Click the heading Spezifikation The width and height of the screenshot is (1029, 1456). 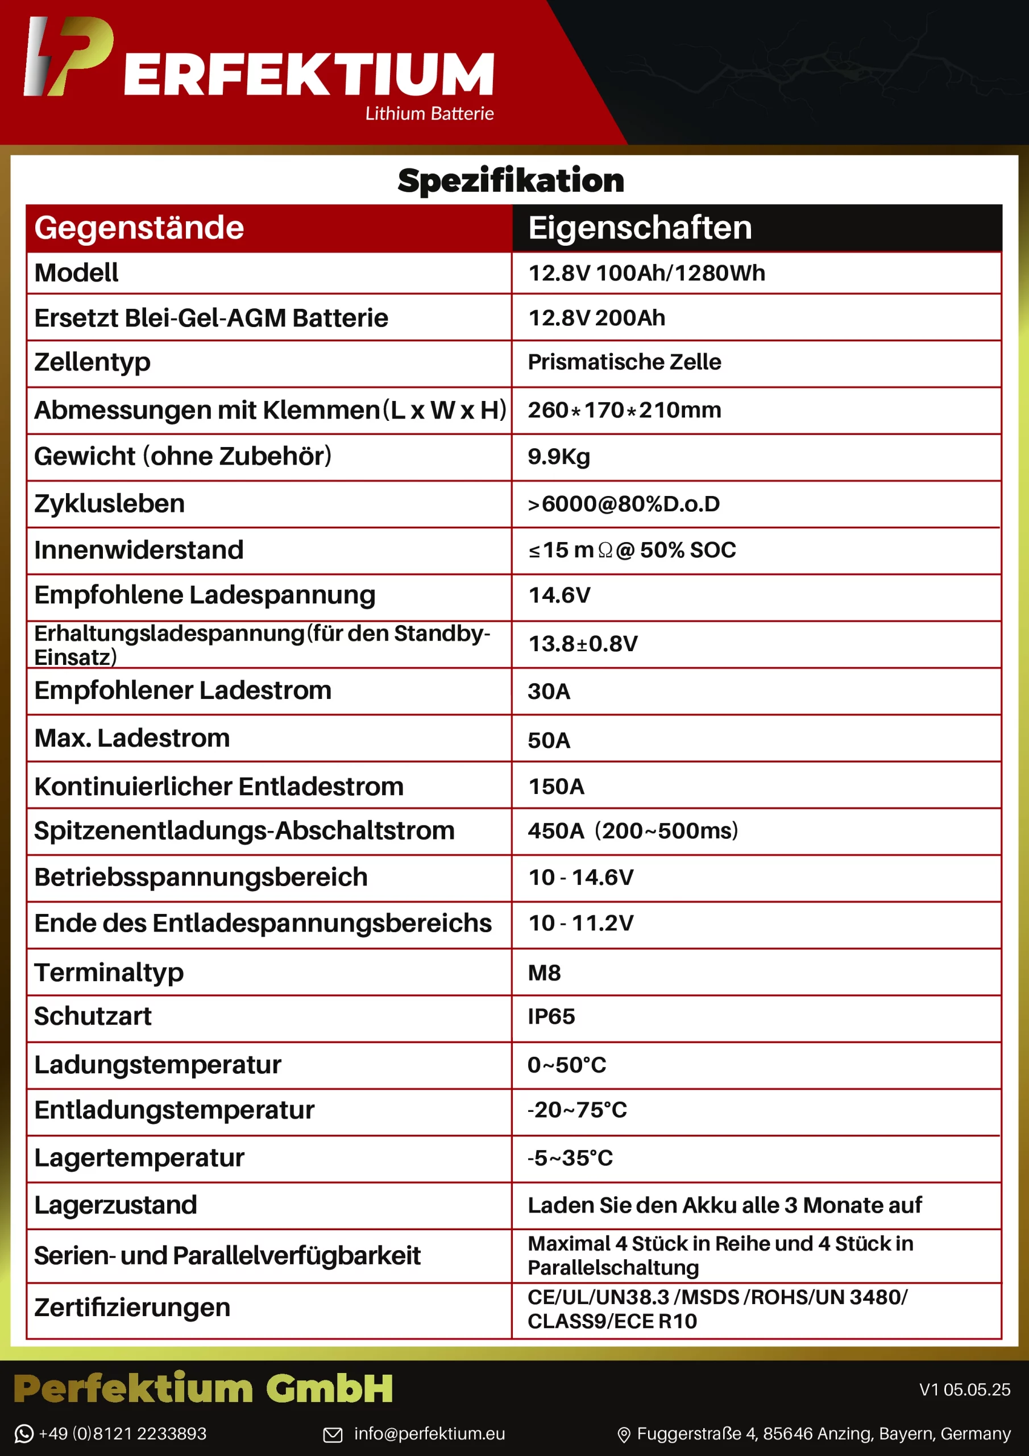click(x=511, y=180)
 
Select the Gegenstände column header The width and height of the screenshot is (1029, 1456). click(x=139, y=227)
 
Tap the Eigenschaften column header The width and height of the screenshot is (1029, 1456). click(x=640, y=227)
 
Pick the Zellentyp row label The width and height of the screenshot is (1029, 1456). click(x=93, y=362)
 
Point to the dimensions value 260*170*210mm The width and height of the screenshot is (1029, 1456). click(x=624, y=410)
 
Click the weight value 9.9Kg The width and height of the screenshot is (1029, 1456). click(x=559, y=457)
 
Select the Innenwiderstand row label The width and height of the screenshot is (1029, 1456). click(x=139, y=550)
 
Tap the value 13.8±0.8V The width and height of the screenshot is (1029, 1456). click(x=583, y=644)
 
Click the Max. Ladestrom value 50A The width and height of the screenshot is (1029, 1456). click(x=549, y=740)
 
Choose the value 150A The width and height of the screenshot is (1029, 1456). click(x=556, y=787)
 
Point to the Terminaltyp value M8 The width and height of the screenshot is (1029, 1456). click(x=544, y=973)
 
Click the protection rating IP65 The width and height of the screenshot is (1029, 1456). click(x=551, y=1016)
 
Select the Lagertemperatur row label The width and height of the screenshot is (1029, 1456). click(x=139, y=1158)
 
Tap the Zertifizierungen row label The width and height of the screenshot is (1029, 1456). click(x=132, y=1308)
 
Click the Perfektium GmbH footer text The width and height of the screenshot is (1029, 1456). click(x=203, y=1388)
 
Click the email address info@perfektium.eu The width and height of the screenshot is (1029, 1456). click(x=429, y=1434)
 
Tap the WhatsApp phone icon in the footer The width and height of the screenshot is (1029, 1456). click(x=23, y=1434)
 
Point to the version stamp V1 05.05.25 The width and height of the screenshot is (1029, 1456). click(x=964, y=1390)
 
